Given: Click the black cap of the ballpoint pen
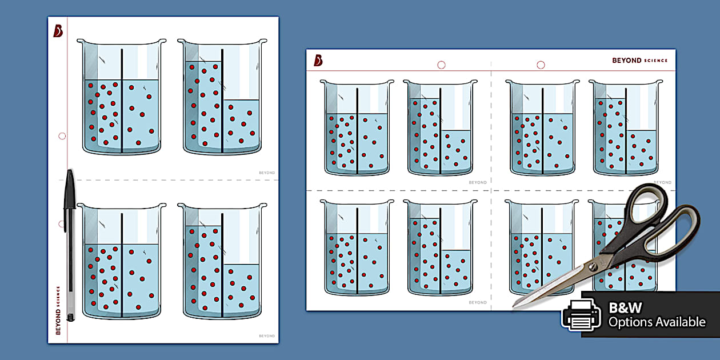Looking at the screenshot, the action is pos(70,190).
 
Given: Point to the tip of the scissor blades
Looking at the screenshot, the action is pos(513,306).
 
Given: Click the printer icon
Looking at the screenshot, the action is pos(581,315).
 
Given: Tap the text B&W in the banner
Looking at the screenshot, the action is pos(625,307).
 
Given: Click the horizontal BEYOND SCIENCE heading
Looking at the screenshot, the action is pos(639,61).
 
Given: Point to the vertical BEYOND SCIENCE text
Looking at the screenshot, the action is pos(58,310).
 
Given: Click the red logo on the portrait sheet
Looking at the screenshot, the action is pos(58,31).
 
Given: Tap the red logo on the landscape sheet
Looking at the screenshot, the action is pos(318,60).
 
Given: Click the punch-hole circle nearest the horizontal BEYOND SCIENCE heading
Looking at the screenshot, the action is pos(541,65).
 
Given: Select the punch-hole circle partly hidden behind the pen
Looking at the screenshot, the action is pos(61,224).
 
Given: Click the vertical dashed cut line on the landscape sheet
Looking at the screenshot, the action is pos(491,186).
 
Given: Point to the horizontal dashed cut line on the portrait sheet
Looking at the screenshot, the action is pos(169,180).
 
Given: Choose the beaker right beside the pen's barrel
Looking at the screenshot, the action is pos(122,261).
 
